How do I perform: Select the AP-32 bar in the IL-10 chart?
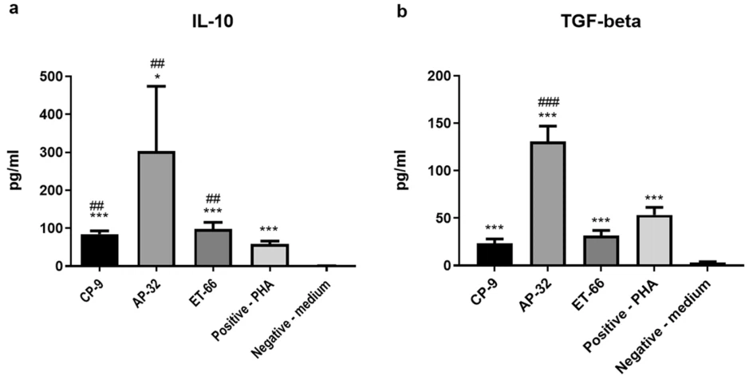tap(156, 209)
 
